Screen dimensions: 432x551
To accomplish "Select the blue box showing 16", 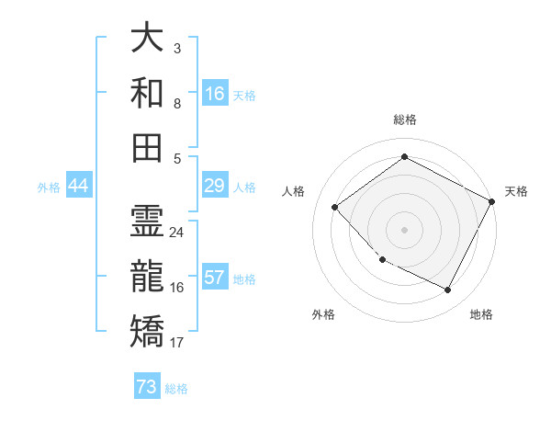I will (x=215, y=94).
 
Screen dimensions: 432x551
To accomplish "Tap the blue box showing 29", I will (x=215, y=187).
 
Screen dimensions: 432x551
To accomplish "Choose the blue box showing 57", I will (x=215, y=279).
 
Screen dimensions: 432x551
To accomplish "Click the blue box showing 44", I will (x=78, y=187).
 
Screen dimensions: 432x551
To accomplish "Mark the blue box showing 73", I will (x=147, y=388).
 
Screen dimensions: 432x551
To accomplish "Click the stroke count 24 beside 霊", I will (x=177, y=232).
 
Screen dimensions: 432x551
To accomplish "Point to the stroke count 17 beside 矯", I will (x=177, y=343).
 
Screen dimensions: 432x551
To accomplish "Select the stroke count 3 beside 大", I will (x=176, y=47).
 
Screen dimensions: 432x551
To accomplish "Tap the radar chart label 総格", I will (x=404, y=119).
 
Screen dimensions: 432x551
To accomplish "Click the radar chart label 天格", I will (x=516, y=191).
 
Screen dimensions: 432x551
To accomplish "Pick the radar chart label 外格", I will (x=323, y=314).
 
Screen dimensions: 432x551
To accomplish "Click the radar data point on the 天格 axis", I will (x=492, y=202).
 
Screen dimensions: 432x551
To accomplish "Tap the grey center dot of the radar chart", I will (x=404, y=230).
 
